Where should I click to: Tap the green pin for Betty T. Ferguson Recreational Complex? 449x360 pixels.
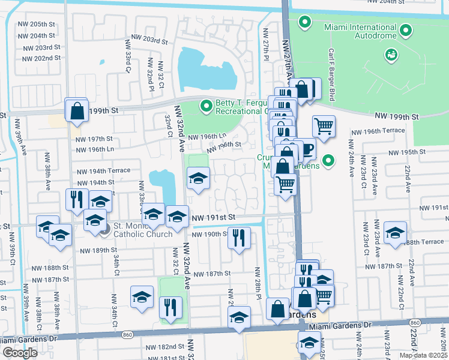(x=206, y=106)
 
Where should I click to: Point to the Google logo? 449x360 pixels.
(x=20, y=353)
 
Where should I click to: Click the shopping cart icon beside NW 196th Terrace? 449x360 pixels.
(x=324, y=127)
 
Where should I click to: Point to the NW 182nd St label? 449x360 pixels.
(x=165, y=347)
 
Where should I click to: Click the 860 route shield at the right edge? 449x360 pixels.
(x=416, y=323)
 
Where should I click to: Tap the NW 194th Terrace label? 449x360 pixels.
(x=103, y=170)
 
